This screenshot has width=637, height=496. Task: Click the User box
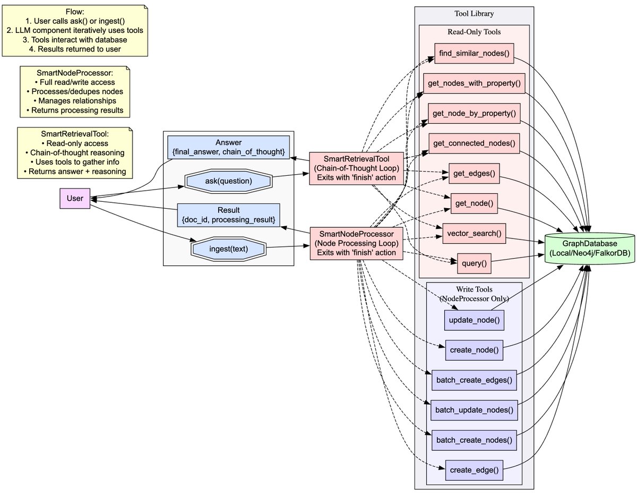pyautogui.click(x=75, y=199)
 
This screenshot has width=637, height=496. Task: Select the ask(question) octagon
pyautogui.click(x=228, y=181)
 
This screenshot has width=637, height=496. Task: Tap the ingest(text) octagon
pyautogui.click(x=228, y=248)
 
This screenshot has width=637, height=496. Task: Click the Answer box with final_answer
pyautogui.click(x=228, y=148)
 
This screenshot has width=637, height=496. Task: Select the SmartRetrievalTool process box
pyautogui.click(x=356, y=167)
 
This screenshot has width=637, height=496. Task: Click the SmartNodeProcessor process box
pyautogui.click(x=356, y=243)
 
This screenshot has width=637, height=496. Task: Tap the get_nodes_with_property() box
pyautogui.click(x=473, y=83)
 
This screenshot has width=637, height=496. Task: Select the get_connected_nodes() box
pyautogui.click(x=474, y=143)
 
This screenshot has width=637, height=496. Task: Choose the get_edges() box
pyautogui.click(x=474, y=173)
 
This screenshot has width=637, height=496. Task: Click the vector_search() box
pyautogui.click(x=474, y=233)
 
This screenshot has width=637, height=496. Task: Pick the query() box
pyautogui.click(x=474, y=263)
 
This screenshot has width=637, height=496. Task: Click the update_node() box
pyautogui.click(x=474, y=320)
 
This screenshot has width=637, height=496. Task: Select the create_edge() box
pyautogui.click(x=474, y=469)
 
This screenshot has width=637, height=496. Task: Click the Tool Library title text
pyautogui.click(x=474, y=14)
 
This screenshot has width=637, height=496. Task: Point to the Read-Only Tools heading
pyautogui.click(x=474, y=32)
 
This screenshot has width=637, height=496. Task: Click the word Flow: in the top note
pyautogui.click(x=74, y=11)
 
